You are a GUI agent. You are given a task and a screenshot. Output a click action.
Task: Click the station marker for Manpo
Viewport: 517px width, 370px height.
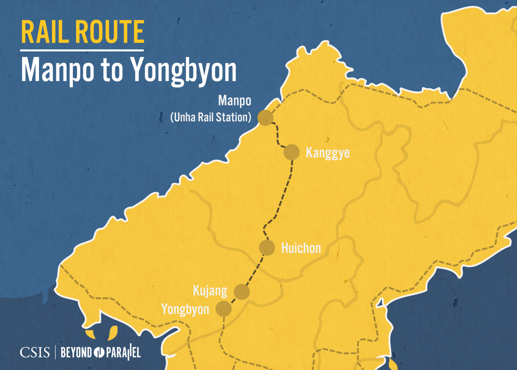click(265, 118)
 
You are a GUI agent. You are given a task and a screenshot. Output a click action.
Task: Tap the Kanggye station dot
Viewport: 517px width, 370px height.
click(291, 152)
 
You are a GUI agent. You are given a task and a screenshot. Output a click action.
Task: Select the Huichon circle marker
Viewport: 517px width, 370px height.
click(267, 248)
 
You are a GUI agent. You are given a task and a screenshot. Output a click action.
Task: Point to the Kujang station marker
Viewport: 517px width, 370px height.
click(242, 292)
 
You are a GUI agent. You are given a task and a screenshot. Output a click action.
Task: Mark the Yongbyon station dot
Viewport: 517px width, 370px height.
click(223, 309)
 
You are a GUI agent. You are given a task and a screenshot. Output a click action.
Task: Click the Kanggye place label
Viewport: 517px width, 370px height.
click(328, 153)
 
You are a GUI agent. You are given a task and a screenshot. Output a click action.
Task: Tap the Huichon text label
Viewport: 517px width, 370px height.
click(301, 248)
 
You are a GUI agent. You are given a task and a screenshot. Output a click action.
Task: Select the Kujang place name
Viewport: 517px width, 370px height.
click(210, 291)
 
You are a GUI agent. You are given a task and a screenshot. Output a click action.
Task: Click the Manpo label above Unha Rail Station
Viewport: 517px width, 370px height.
click(235, 101)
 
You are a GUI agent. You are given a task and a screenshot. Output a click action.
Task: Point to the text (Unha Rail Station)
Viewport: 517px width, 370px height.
click(211, 117)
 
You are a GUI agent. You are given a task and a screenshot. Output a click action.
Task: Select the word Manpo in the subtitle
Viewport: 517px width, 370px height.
click(58, 70)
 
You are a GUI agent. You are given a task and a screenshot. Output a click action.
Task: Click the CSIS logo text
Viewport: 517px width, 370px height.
click(35, 353)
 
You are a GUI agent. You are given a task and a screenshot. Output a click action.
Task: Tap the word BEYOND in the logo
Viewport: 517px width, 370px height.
click(76, 353)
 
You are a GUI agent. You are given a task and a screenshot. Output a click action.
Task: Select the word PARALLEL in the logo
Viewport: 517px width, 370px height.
click(123, 353)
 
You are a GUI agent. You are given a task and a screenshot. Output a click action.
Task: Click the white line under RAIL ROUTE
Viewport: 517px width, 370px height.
click(82, 50)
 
